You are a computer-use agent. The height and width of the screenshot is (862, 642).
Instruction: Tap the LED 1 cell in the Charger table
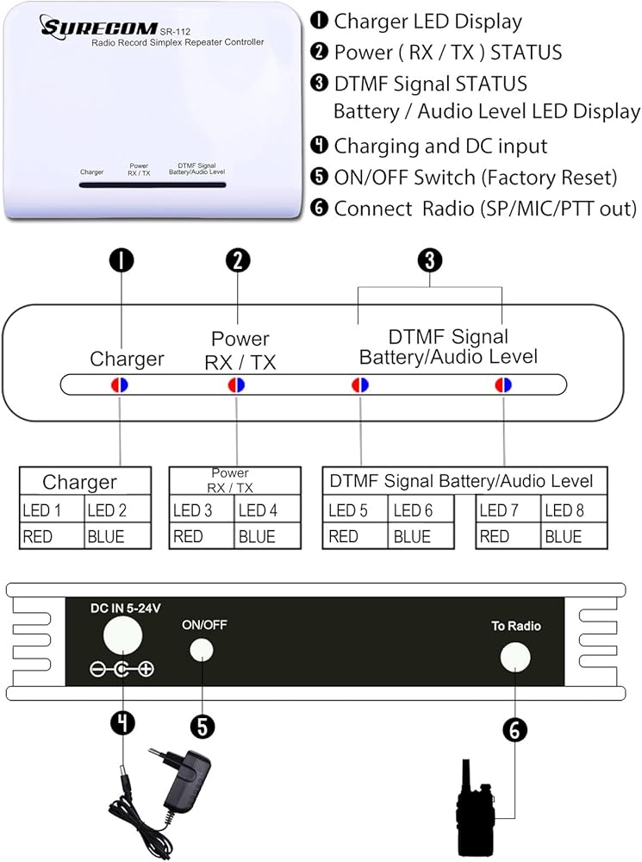(53, 510)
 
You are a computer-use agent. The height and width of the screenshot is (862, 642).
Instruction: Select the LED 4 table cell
(267, 510)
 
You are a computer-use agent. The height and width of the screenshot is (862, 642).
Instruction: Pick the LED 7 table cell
(508, 510)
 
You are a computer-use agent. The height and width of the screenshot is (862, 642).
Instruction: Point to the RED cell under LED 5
(354, 536)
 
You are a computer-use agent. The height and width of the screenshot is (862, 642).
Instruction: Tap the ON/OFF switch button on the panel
(202, 648)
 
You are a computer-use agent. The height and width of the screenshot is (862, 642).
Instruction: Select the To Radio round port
(514, 657)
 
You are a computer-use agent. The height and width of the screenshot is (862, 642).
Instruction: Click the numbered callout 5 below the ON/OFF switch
(202, 726)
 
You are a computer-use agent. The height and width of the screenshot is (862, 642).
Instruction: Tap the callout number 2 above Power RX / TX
(236, 261)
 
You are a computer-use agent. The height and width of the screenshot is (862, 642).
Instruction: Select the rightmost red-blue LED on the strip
(502, 384)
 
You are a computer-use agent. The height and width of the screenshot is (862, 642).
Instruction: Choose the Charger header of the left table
(80, 482)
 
